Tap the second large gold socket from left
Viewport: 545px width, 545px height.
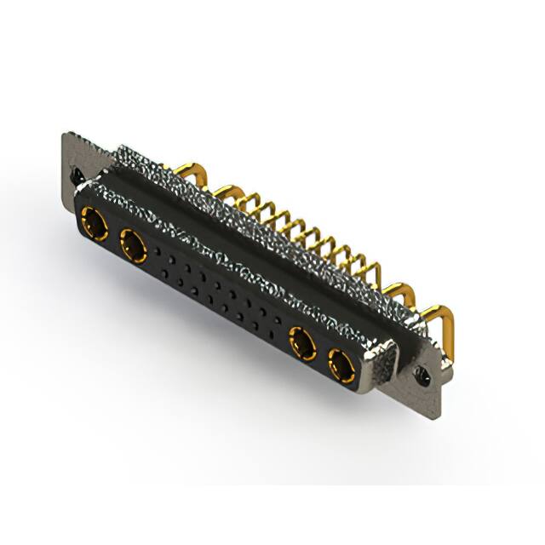pyautogui.click(x=134, y=248)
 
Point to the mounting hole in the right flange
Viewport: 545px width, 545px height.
pyautogui.click(x=420, y=371)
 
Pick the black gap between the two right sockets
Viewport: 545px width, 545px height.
pyautogui.click(x=323, y=356)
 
